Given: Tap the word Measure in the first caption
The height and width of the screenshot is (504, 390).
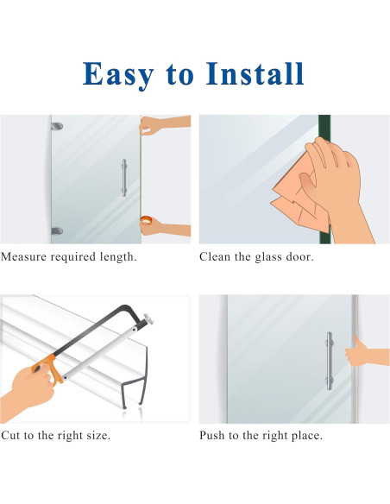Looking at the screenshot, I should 28,257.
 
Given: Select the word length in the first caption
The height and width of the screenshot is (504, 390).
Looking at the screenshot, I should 116,257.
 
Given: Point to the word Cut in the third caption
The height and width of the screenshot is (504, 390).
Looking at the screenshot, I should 12,436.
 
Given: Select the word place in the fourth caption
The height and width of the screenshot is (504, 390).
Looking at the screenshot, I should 305,436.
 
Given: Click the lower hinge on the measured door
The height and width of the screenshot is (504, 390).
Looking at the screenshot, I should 57,230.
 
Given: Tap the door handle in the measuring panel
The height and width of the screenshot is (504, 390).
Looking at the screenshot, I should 123,177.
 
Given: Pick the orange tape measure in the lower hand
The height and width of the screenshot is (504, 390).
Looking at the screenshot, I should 147,225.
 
